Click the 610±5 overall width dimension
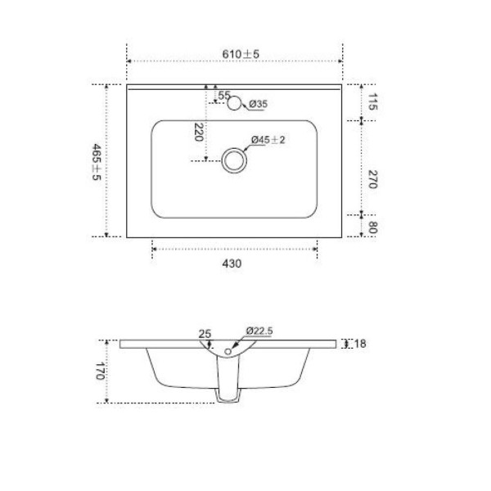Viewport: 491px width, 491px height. coord(241,54)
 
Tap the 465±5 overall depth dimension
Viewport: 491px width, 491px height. coord(96,162)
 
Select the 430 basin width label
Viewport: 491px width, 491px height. coord(232,264)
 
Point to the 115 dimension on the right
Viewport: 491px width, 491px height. coord(372,101)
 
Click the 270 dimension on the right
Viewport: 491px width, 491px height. coord(372,179)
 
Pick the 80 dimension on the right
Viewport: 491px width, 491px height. coord(372,227)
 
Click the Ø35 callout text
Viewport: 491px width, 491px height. coord(259,104)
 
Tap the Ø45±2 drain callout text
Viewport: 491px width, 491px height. coord(268,140)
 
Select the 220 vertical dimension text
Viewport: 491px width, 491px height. coord(199,132)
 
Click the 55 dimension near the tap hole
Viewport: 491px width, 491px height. coord(224,95)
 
